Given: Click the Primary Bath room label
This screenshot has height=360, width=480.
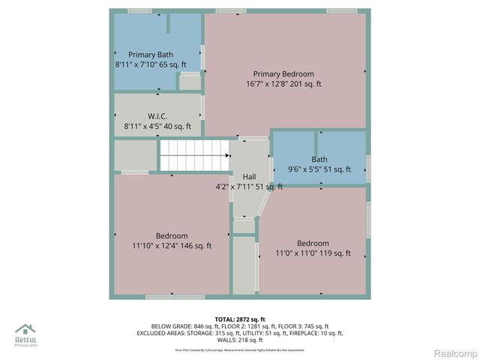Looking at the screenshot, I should pyautogui.click(x=151, y=55).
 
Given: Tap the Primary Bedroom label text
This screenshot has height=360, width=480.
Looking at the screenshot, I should pyautogui.click(x=283, y=74).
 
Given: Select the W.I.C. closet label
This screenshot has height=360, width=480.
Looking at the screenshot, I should pyautogui.click(x=157, y=116).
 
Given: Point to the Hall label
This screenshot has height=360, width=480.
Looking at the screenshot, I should pyautogui.click(x=248, y=176).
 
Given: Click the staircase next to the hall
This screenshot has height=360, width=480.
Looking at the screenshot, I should pyautogui.click(x=193, y=155).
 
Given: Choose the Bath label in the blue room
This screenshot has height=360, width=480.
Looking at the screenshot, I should pyautogui.click(x=319, y=159).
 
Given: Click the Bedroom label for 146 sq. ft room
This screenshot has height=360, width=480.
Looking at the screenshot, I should pyautogui.click(x=172, y=235).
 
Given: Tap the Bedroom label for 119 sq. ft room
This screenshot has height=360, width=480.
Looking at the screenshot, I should pyautogui.click(x=313, y=243).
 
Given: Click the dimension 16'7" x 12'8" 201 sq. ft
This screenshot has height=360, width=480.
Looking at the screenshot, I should pyautogui.click(x=283, y=84).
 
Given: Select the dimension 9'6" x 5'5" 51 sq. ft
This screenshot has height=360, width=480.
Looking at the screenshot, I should pyautogui.click(x=319, y=169).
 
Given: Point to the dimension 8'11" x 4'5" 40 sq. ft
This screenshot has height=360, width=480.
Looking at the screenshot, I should pyautogui.click(x=157, y=127).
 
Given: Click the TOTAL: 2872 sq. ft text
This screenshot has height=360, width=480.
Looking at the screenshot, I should pyautogui.click(x=239, y=319).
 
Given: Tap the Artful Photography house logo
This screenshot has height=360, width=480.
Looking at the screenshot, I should pyautogui.click(x=25, y=330).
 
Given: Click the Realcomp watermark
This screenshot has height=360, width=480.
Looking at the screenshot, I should pyautogui.click(x=456, y=352).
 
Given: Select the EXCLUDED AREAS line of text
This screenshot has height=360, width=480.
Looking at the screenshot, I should pyautogui.click(x=239, y=333).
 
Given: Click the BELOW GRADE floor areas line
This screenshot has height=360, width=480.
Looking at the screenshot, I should pyautogui.click(x=239, y=326).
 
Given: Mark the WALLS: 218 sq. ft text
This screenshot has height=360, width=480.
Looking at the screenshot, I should pyautogui.click(x=239, y=340).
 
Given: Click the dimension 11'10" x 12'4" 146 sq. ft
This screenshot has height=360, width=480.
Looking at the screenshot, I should pyautogui.click(x=172, y=245).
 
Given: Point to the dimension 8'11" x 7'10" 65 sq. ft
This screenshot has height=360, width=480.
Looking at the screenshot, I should pyautogui.click(x=151, y=65).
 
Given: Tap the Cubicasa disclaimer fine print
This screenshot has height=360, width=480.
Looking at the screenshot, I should pyautogui.click(x=239, y=349).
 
